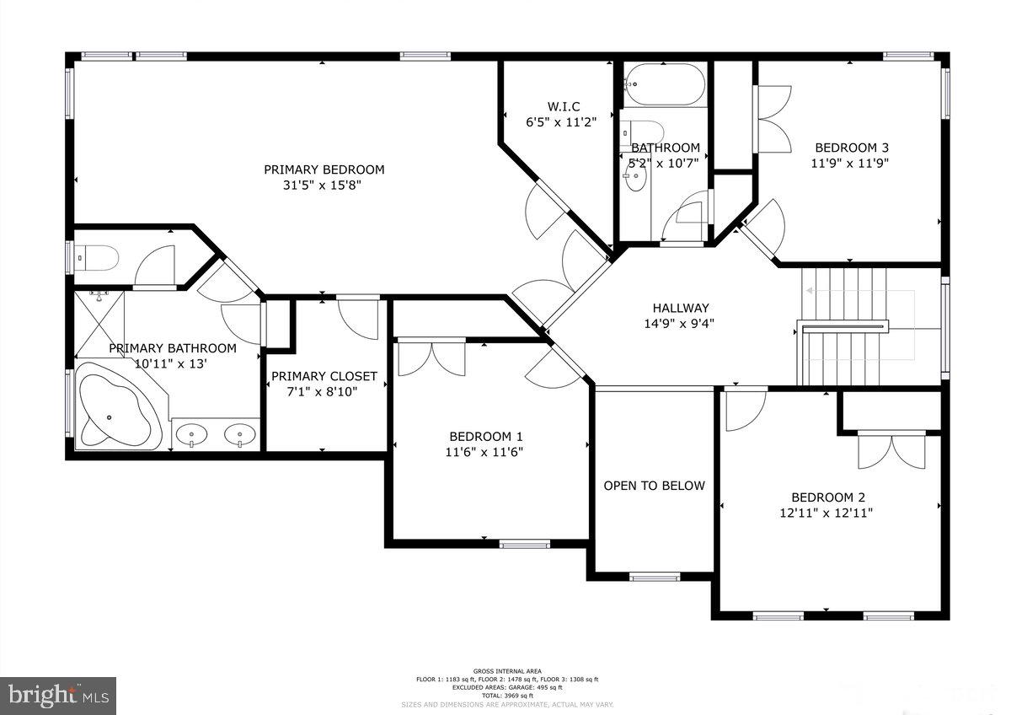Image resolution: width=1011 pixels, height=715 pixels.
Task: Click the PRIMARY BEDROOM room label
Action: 324,169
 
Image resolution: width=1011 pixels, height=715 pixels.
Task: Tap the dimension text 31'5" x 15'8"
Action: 324,186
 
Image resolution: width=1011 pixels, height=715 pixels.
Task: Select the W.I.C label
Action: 564,106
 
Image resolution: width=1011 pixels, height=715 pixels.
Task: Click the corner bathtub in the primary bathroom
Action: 118,407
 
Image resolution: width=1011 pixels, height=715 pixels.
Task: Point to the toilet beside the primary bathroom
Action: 95,256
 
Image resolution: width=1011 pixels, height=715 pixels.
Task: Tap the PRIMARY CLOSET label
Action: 324,376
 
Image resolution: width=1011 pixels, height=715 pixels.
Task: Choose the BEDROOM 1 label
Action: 486,436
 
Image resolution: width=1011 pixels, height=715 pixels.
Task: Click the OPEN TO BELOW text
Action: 654,486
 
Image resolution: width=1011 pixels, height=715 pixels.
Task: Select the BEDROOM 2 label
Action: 827,497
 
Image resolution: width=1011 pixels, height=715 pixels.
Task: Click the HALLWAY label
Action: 680,308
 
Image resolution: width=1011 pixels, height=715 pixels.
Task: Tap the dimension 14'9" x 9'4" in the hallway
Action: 680,323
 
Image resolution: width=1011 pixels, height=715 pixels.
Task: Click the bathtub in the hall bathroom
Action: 664,84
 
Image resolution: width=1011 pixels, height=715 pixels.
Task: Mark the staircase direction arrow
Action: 858,292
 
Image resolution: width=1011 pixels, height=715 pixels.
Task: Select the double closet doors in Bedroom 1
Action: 431,357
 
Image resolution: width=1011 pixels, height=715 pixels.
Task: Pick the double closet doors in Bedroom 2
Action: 891,450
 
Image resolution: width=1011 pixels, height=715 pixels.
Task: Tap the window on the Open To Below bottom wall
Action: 655,578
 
